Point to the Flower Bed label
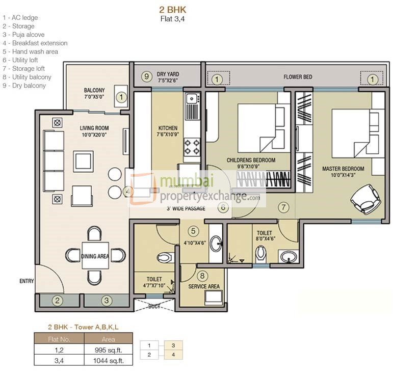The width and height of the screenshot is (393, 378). point(298,77)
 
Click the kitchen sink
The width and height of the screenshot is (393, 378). point(193,98)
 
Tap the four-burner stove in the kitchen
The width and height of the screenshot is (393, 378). point(192,147)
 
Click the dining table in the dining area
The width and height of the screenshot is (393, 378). point(95,256)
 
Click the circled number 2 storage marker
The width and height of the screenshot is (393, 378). point(58,301)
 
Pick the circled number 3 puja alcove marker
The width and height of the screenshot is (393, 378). point(107,301)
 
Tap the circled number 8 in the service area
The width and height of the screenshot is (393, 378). point(202,276)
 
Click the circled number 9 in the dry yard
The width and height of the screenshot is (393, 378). point(147,76)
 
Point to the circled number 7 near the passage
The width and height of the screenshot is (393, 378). point(283,207)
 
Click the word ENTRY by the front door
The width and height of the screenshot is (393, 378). point(27,281)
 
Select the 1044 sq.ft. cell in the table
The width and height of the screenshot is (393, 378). point(108,361)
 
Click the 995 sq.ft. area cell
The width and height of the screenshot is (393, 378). point(108,350)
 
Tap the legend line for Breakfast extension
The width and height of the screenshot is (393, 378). point(35,43)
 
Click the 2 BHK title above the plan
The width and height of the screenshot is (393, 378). point(173,10)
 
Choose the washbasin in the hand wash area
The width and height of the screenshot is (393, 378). point(216,243)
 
